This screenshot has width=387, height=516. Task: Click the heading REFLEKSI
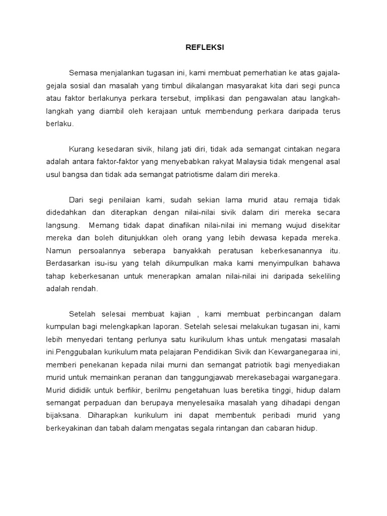coord(205,47)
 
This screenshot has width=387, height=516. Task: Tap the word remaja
coord(303,200)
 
